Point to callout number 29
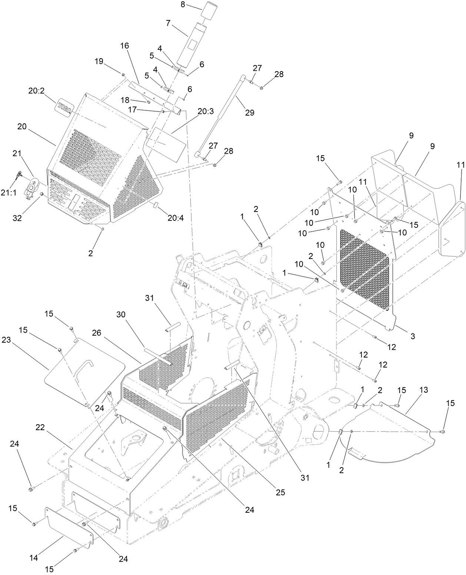tap(250, 113)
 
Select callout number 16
tap(124, 46)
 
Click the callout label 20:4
tap(176, 218)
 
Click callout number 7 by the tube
tap(168, 23)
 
